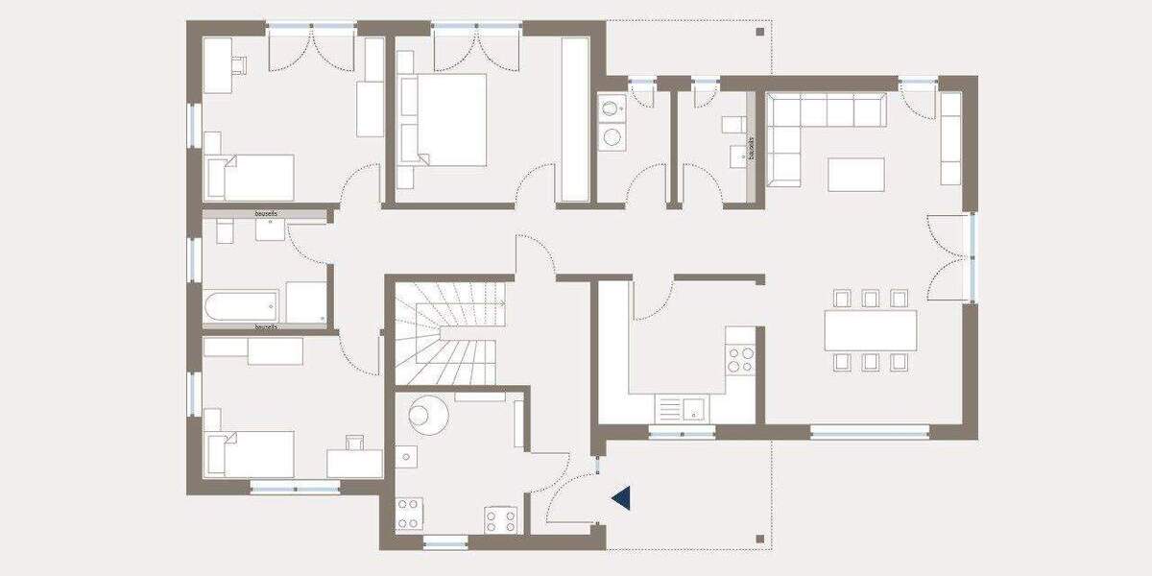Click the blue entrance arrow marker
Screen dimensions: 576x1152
[x=621, y=497]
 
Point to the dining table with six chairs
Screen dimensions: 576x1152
[x=870, y=330]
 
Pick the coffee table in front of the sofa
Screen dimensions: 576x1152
[x=855, y=174]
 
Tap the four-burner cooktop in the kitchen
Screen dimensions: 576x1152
[x=740, y=360]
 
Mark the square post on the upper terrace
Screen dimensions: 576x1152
[x=759, y=32]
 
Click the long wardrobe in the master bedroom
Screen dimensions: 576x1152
[x=575, y=119]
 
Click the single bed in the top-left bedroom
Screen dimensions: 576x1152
[x=252, y=178]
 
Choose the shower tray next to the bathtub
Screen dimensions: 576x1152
[x=306, y=302]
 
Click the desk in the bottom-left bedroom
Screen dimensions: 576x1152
[x=353, y=463]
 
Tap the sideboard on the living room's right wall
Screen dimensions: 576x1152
[x=950, y=139]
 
